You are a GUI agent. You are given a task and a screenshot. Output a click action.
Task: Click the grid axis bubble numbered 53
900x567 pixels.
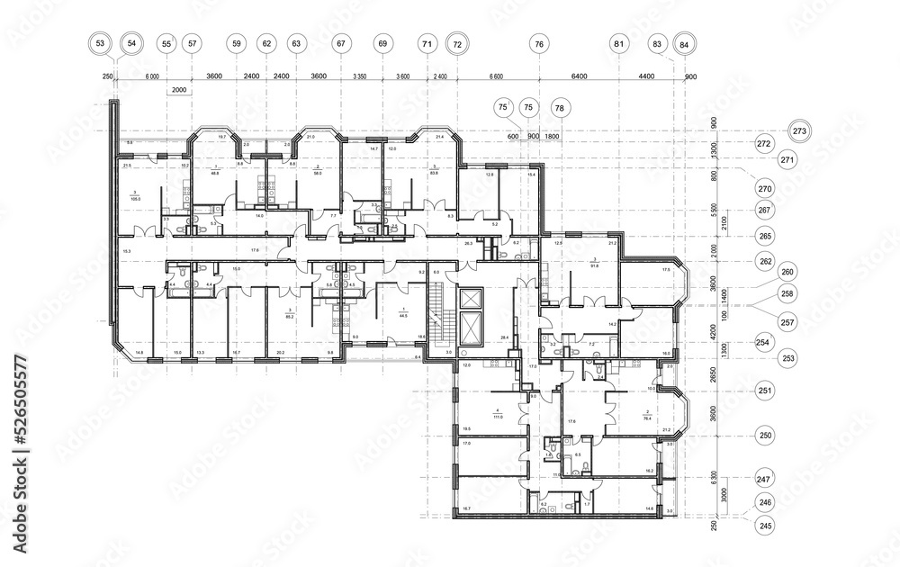point(101,43)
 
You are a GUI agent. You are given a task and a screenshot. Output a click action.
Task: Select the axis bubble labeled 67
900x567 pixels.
point(341,43)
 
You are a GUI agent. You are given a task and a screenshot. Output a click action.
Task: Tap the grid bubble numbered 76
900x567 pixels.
point(539,43)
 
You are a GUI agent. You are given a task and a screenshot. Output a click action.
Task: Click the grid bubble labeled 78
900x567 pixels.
point(561,108)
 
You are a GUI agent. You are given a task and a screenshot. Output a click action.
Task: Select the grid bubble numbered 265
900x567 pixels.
point(764,235)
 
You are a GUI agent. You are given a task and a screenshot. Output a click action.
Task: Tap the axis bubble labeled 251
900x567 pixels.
point(764,391)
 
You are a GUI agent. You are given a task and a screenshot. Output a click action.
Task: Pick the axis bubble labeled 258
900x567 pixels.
point(787,294)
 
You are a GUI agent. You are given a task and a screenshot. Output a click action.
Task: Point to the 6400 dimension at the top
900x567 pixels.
point(579,76)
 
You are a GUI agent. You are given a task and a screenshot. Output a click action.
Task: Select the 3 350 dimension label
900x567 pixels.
point(360,76)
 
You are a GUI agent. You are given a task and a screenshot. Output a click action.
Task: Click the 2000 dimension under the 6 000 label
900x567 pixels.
point(178,90)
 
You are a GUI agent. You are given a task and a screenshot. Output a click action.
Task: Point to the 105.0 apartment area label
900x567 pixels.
point(136,196)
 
